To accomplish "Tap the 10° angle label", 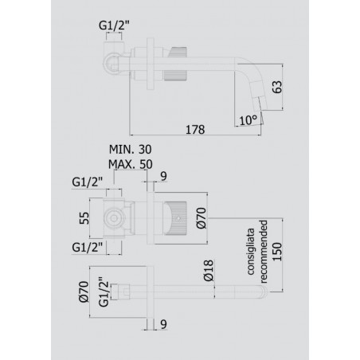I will (x=248, y=120).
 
